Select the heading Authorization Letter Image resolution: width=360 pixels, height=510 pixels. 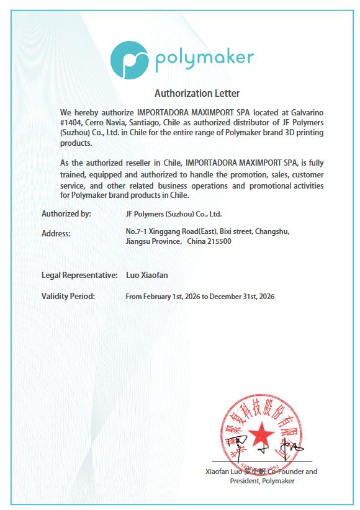196,94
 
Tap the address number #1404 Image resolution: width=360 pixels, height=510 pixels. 71,123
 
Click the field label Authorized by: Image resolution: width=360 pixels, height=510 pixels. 66,213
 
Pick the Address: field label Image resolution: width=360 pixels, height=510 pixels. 56,233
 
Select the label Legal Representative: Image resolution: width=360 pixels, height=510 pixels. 79,274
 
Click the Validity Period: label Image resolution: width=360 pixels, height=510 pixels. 68,296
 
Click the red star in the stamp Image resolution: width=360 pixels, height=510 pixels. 262,432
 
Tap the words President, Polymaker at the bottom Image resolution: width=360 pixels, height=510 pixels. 262,481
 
